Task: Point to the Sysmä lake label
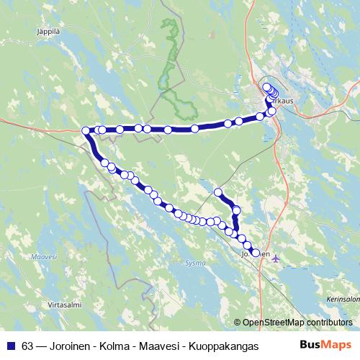tap(195, 263)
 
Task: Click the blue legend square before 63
tap(11, 346)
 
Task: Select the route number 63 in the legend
tap(27, 346)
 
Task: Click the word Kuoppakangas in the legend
tap(223, 346)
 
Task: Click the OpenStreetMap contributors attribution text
tap(297, 322)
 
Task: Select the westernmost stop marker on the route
tap(86, 130)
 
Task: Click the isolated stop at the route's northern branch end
tap(218, 192)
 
